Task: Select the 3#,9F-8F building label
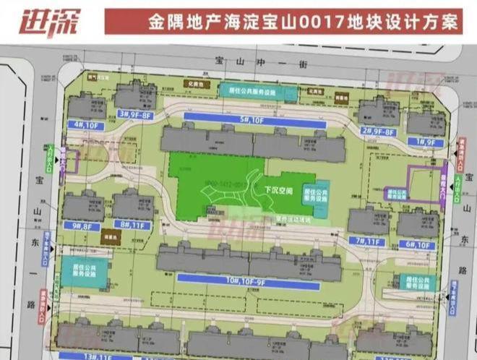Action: click(x=135, y=113)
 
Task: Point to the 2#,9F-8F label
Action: click(x=380, y=132)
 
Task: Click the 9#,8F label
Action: click(x=81, y=226)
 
